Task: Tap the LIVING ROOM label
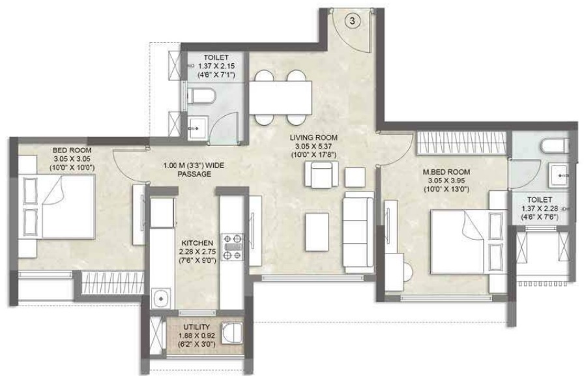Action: click(312, 137)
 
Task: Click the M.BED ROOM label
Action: click(446, 172)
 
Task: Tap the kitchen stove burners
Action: click(233, 246)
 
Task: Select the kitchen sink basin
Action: click(161, 298)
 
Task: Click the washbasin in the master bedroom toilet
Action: click(559, 174)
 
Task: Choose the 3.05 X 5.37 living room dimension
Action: click(312, 146)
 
